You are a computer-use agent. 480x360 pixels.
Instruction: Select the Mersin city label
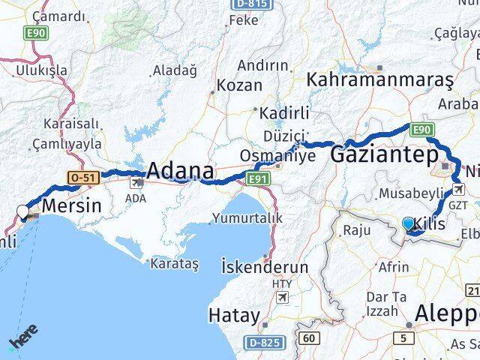(72, 203)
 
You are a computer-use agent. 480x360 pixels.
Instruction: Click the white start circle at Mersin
(23, 211)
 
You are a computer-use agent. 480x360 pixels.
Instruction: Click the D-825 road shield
(262, 341)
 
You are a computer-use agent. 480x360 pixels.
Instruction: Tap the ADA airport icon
(139, 181)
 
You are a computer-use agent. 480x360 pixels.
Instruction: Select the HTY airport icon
(283, 297)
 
